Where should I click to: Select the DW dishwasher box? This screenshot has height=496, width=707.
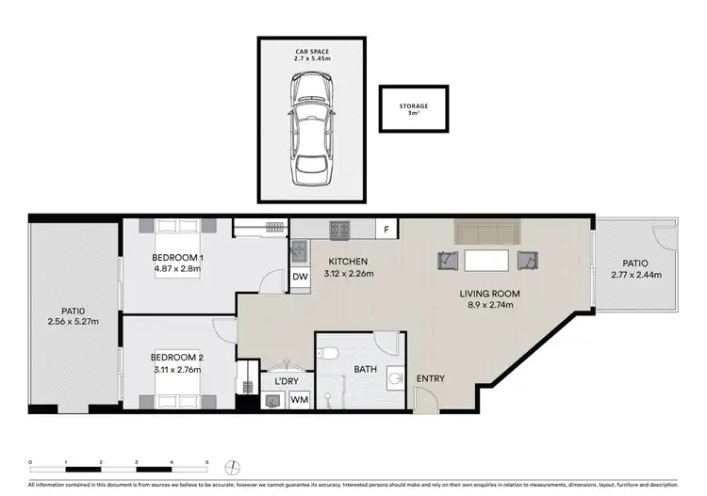pyautogui.click(x=300, y=277)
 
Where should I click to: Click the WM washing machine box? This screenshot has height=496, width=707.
pyautogui.click(x=299, y=401)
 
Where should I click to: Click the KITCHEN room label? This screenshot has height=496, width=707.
pyautogui.click(x=348, y=262)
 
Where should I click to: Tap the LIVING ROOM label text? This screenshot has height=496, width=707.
pyautogui.click(x=489, y=294)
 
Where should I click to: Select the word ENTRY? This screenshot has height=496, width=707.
pyautogui.click(x=430, y=379)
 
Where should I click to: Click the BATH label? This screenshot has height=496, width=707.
pyautogui.click(x=366, y=370)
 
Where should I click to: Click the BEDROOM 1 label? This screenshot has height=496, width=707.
pyautogui.click(x=178, y=257)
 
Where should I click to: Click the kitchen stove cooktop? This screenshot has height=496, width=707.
pyautogui.click(x=339, y=228)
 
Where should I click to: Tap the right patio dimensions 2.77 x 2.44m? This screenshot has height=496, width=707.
pyautogui.click(x=635, y=276)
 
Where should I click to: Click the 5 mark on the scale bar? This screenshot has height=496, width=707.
pyautogui.click(x=207, y=461)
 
